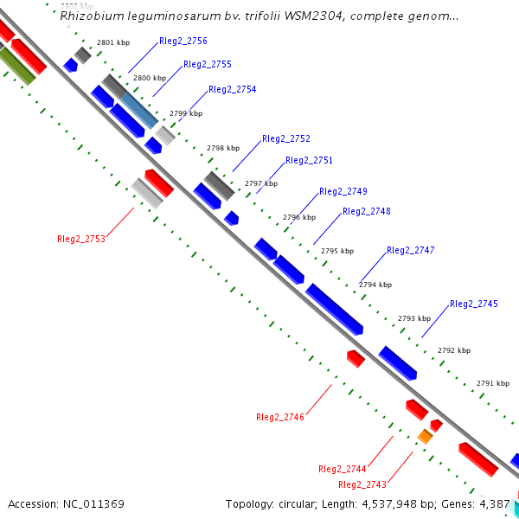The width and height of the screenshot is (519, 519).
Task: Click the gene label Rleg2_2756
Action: (183, 41)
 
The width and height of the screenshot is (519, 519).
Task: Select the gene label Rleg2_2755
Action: (208, 64)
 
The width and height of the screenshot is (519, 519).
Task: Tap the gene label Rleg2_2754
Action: (232, 89)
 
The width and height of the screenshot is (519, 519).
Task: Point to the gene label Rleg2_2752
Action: (285, 138)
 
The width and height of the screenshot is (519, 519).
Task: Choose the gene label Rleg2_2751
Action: (309, 160)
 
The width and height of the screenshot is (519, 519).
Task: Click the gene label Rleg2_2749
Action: (343, 191)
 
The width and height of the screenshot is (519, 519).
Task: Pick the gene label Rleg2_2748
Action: (367, 211)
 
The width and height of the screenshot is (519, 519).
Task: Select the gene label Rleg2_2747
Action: (411, 250)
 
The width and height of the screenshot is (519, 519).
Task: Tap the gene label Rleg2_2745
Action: (474, 304)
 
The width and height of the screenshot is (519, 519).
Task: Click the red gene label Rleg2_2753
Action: (81, 239)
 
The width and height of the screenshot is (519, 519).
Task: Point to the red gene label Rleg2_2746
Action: (280, 417)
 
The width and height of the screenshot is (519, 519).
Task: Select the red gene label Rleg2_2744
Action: (343, 469)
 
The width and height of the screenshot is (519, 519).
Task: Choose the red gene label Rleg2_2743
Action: (362, 484)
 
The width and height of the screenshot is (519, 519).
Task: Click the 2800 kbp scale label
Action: (149, 78)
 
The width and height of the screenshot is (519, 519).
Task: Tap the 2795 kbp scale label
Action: (337, 251)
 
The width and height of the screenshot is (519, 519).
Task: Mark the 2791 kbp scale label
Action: (493, 383)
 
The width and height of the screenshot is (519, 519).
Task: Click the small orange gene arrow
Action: (425, 437)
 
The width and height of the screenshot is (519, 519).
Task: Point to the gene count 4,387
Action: (495, 503)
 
